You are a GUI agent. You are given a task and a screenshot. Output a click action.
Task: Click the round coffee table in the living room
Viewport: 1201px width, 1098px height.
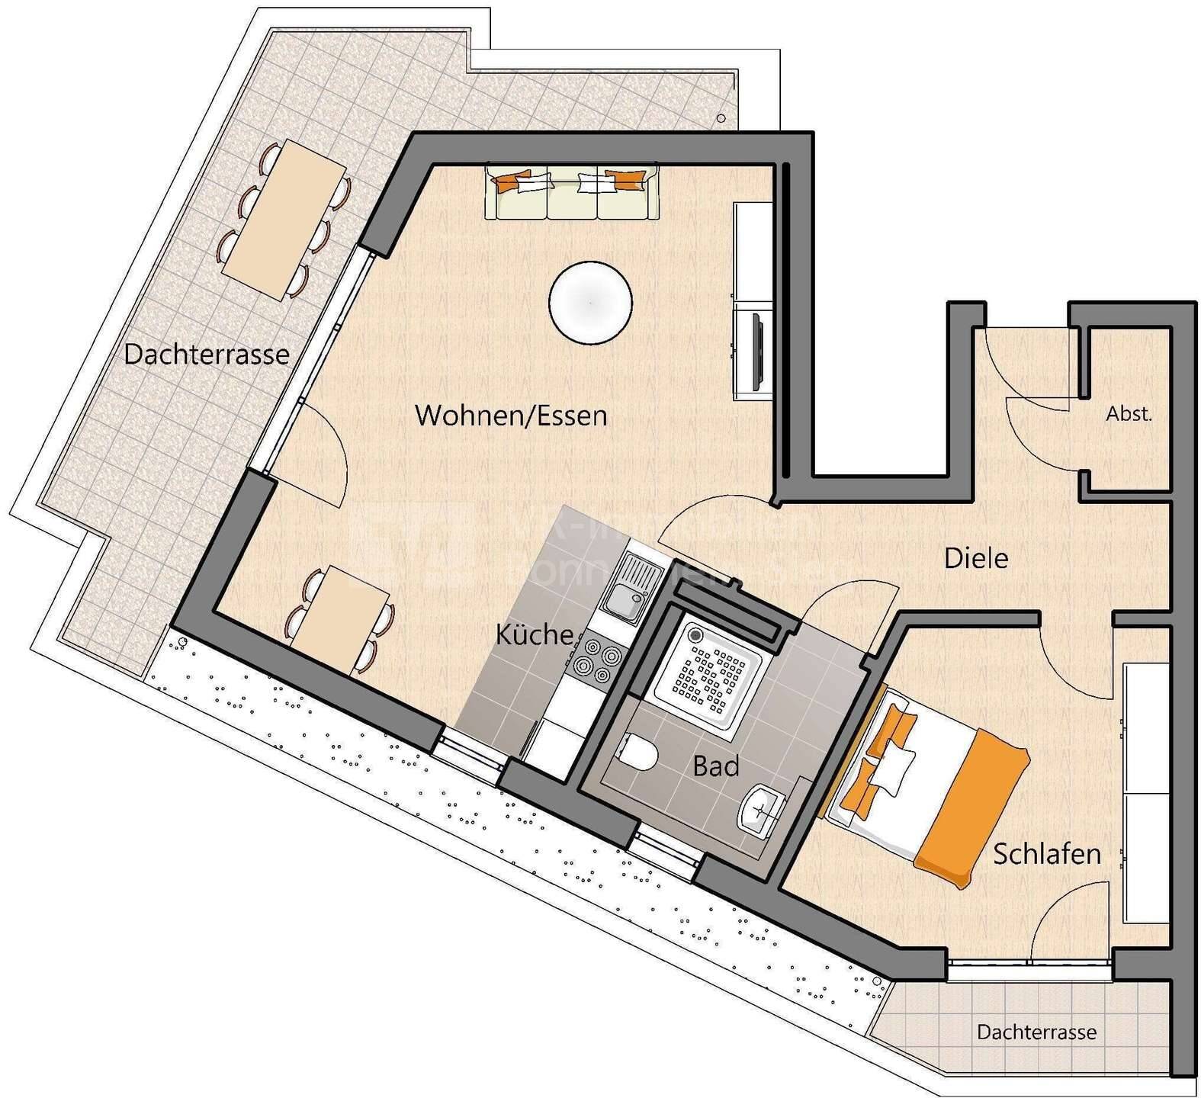(x=590, y=302)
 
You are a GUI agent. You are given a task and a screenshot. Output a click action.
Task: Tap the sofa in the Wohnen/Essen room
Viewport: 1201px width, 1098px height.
(x=572, y=191)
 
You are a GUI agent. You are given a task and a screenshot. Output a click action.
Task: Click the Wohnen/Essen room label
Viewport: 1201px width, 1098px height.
(x=511, y=416)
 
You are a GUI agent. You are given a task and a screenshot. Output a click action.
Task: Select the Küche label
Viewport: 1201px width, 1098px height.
(x=534, y=634)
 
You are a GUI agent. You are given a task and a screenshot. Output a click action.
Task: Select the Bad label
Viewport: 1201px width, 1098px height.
(x=715, y=766)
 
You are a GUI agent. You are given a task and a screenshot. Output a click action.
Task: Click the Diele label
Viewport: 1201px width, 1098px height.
(x=976, y=558)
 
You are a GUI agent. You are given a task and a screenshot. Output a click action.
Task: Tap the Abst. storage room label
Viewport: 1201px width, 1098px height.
(x=1129, y=414)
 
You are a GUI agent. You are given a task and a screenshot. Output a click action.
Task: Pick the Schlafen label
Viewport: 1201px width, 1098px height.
(x=1046, y=854)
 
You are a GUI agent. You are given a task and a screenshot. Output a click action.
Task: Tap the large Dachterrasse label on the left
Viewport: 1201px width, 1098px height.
(x=207, y=355)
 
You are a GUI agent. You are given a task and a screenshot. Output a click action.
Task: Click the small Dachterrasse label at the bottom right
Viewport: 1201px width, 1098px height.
(x=1036, y=1032)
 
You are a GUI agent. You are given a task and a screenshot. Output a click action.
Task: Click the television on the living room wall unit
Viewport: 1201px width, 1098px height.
(x=759, y=347)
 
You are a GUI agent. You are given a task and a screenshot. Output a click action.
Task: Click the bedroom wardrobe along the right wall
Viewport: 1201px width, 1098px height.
(x=1146, y=793)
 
